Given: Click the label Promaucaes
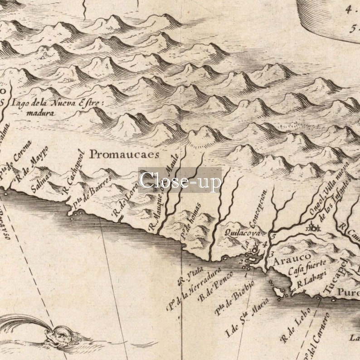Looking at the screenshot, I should (124, 154).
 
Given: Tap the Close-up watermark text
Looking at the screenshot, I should (180, 180).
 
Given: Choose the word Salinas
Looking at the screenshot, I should (41, 181).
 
